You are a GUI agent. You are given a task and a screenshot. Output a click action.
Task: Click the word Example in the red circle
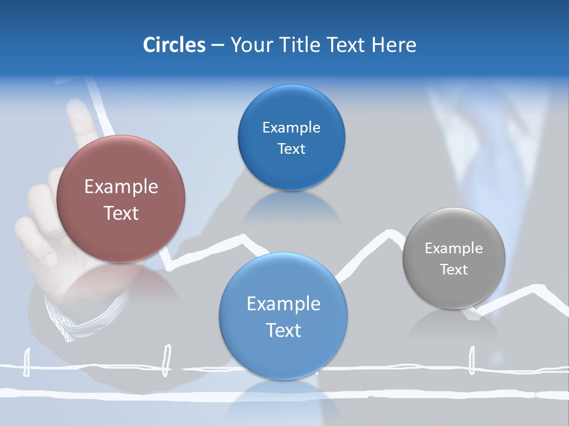121,186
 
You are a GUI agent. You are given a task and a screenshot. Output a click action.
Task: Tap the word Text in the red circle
121,213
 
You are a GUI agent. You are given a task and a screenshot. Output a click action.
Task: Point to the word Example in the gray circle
453,248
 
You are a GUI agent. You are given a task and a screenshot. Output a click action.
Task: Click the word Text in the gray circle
453,270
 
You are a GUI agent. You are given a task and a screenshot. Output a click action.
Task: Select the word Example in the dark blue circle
291,128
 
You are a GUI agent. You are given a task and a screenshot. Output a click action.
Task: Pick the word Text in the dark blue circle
291,149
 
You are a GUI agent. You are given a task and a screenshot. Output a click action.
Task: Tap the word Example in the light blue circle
283,304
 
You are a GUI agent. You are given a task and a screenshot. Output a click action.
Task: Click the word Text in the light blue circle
283,330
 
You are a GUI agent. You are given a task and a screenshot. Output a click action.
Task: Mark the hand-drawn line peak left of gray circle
388,232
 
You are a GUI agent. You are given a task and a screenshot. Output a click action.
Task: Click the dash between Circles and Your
218,46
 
